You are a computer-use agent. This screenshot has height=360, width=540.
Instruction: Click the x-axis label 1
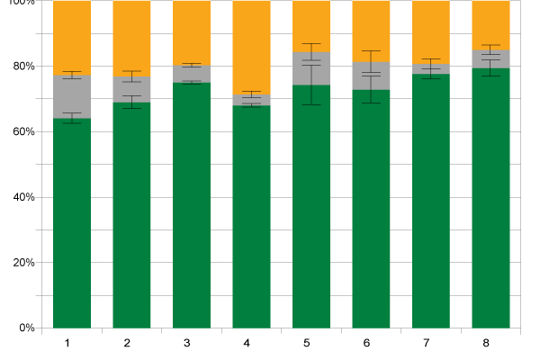(x=67, y=343)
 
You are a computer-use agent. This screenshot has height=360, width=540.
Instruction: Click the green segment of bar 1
(x=72, y=225)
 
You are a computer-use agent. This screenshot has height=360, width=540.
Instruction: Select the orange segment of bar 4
(x=252, y=45)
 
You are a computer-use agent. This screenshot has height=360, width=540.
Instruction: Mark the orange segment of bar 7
(x=431, y=31)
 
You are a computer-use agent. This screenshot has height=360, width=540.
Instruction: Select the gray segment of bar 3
(x=192, y=74)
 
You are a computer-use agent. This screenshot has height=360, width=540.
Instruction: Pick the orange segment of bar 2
(x=131, y=36)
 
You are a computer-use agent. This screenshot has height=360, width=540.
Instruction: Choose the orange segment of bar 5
(x=311, y=25)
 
